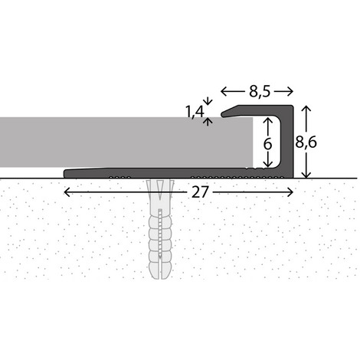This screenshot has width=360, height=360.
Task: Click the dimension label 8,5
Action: [x=260, y=91]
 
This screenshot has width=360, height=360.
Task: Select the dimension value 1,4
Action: [x=195, y=112]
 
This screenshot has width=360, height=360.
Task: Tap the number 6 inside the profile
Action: [x=267, y=144]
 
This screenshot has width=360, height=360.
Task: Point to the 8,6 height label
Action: [x=306, y=142]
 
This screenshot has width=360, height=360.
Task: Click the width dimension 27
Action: [x=200, y=192]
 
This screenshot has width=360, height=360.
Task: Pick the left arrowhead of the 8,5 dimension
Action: [x=224, y=91]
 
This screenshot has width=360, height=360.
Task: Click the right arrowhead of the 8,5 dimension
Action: [x=290, y=91]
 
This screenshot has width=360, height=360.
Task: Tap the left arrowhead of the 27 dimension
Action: [x=67, y=192]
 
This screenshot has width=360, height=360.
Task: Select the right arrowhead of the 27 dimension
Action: [x=290, y=192]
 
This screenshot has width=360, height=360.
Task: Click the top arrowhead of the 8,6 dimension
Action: [x=306, y=109]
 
